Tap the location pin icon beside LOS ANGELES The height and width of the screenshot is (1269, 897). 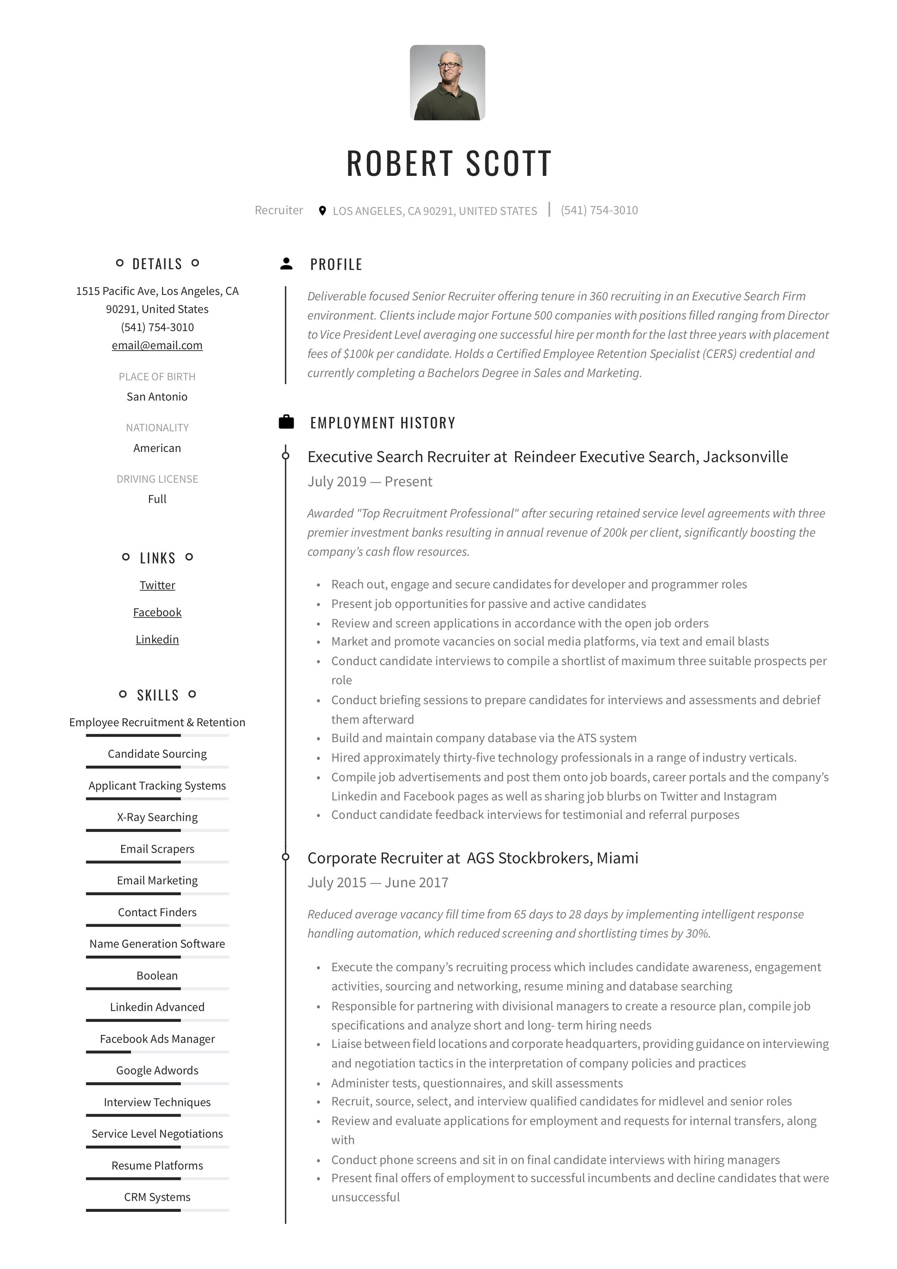tap(323, 211)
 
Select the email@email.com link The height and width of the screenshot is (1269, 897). tap(157, 346)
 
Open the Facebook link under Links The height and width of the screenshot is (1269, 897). tap(157, 612)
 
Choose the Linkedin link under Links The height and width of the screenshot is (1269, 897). tap(157, 639)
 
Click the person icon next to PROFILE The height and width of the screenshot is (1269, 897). tap(286, 264)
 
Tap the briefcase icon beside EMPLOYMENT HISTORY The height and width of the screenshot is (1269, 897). tap(286, 422)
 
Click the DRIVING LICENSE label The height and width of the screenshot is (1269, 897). tap(157, 479)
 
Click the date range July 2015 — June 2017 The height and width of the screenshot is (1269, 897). tap(378, 882)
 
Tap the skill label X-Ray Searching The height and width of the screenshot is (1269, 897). tap(157, 817)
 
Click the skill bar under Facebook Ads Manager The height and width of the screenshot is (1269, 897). tap(157, 1052)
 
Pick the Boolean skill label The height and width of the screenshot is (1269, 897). tap(157, 976)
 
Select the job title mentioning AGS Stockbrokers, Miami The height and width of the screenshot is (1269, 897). tap(472, 858)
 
